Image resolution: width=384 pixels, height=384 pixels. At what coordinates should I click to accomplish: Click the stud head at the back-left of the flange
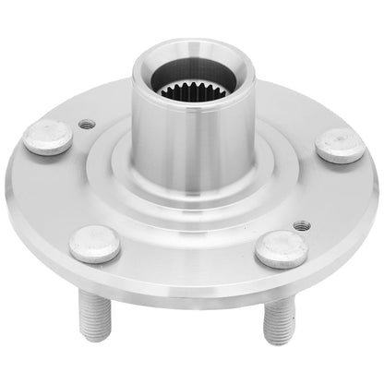point(47,137)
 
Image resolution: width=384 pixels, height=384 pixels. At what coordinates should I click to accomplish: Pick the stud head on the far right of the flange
point(340,145)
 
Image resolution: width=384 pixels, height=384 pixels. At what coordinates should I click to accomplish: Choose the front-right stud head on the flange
point(282,248)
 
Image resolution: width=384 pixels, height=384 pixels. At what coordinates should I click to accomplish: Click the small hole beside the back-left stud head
point(87,123)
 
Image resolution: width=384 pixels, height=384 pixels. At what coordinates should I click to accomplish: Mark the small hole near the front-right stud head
point(301,224)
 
